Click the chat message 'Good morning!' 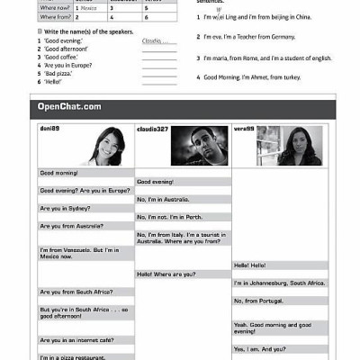[59, 173]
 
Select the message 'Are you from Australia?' [71, 226]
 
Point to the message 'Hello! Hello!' [250, 265]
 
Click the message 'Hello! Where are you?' [166, 274]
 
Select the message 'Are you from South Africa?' [74, 292]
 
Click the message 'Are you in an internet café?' [76, 340]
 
